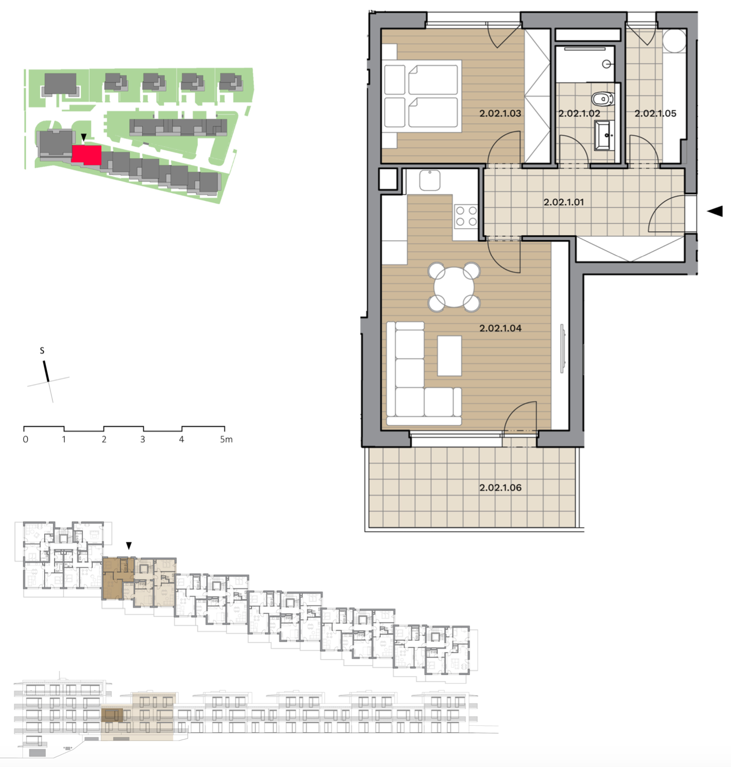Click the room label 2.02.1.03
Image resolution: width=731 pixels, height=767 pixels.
(500, 114)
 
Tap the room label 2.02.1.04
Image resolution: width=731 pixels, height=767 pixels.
(500, 328)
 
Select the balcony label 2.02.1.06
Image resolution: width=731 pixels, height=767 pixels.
(500, 487)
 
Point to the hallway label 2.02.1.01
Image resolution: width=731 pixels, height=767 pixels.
(563, 202)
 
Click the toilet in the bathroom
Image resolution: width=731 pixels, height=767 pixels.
(603, 98)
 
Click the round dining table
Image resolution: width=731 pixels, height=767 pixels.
(454, 287)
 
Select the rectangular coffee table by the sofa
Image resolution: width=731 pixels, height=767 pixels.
(449, 355)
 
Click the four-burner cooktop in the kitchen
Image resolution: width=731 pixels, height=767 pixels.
(466, 216)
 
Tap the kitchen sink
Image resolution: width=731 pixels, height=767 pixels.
(430, 180)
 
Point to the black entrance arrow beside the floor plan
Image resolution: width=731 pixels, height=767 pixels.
(715, 211)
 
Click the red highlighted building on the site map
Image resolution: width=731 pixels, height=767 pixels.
(86, 154)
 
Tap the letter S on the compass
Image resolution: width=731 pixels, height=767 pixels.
(42, 350)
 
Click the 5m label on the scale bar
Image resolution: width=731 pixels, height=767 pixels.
(226, 439)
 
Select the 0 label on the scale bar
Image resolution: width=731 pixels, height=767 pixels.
(25, 439)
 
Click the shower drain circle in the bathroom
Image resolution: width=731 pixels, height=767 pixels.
(607, 64)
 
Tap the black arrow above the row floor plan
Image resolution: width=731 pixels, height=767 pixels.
(129, 545)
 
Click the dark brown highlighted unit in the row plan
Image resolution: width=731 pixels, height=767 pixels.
(115, 578)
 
